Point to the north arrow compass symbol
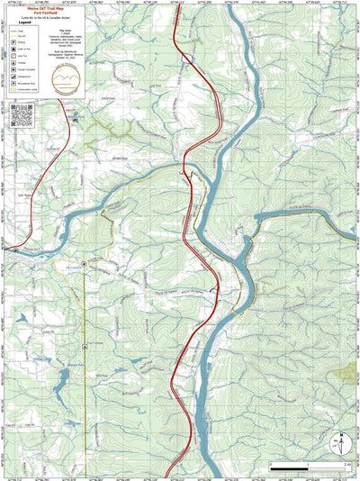[339, 444]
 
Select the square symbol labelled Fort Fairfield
[84, 346]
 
